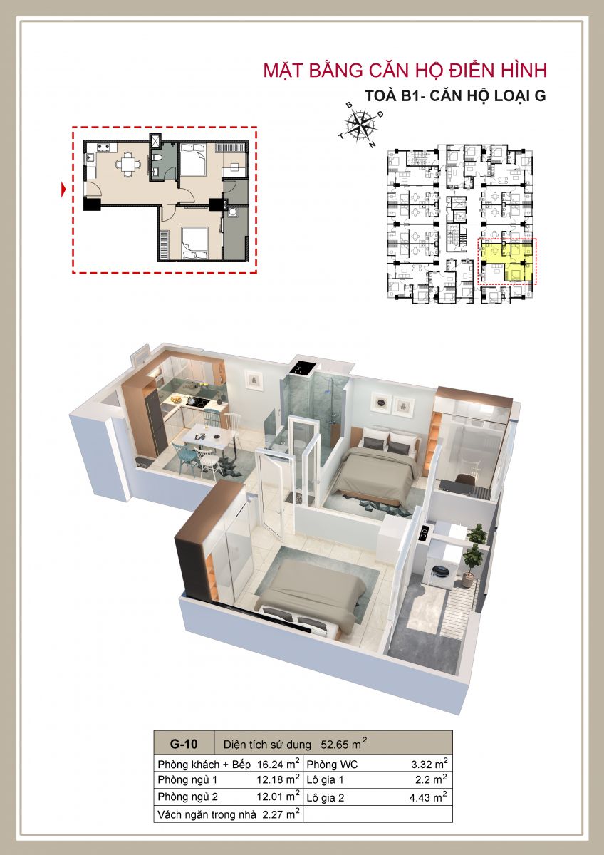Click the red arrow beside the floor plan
[x=63, y=190]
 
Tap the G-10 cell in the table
[x=184, y=744]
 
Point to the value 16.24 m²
[x=278, y=764]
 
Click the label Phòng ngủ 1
[x=187, y=779]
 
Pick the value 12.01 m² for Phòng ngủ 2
[x=278, y=797]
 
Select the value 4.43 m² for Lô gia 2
[x=428, y=797]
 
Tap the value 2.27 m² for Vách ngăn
[x=281, y=814]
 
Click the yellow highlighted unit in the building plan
[x=506, y=261]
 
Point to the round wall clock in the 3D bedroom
[x=380, y=402]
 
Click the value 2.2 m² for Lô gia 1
[x=431, y=779]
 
